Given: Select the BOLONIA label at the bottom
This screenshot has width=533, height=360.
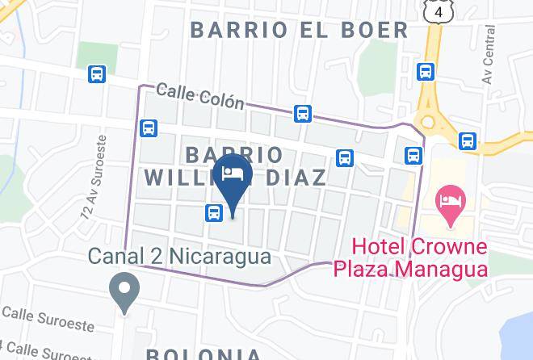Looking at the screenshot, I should click(x=204, y=354).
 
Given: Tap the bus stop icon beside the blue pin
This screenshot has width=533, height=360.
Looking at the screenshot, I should click(x=213, y=213).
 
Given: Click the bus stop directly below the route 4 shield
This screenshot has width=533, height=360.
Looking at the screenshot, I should click(x=426, y=72).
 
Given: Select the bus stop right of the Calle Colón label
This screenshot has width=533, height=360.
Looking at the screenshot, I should click(x=303, y=113).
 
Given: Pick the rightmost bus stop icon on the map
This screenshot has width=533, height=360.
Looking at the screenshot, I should click(x=468, y=142).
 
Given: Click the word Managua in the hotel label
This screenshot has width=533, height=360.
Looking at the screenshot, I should click(x=443, y=268).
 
